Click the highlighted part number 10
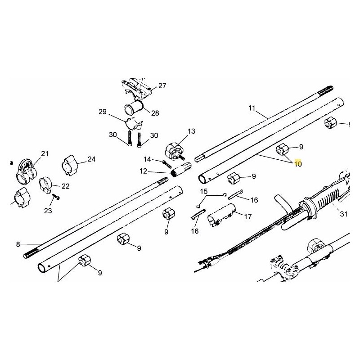[298, 164]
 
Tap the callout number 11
[252, 108]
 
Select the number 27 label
[162, 85]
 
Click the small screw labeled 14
[162, 161]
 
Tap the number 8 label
[18, 244]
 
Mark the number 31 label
[344, 215]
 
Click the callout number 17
[248, 216]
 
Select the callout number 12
[143, 171]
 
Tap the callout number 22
[65, 186]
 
